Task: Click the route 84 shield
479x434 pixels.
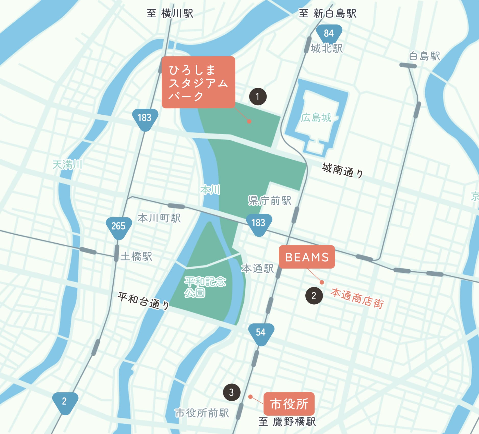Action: pos(329,33)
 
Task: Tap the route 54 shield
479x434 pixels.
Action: pos(261,333)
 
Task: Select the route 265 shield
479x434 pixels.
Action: pos(118,226)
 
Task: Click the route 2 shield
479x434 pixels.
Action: pos(65,402)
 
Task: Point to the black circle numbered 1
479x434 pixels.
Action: pos(258,97)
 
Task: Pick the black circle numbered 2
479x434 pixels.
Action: pos(314,296)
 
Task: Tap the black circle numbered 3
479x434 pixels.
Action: pos(232,392)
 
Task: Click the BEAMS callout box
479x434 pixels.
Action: pos(307,257)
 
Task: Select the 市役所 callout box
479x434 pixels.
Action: pos(289,404)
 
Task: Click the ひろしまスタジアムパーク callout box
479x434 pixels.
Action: pos(198,82)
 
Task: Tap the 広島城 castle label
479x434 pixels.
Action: pos(316,118)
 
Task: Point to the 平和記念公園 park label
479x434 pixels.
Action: pos(205,287)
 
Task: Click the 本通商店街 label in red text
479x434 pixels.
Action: pos(357,298)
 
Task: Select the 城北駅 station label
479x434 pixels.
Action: pos(327,48)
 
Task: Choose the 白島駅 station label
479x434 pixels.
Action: pos(424,56)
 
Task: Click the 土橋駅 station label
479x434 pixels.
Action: pos(136,256)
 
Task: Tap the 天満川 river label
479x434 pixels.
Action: pos(67,165)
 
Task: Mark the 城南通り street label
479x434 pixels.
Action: pos(342,171)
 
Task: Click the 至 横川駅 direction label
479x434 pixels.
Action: pos(170,13)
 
